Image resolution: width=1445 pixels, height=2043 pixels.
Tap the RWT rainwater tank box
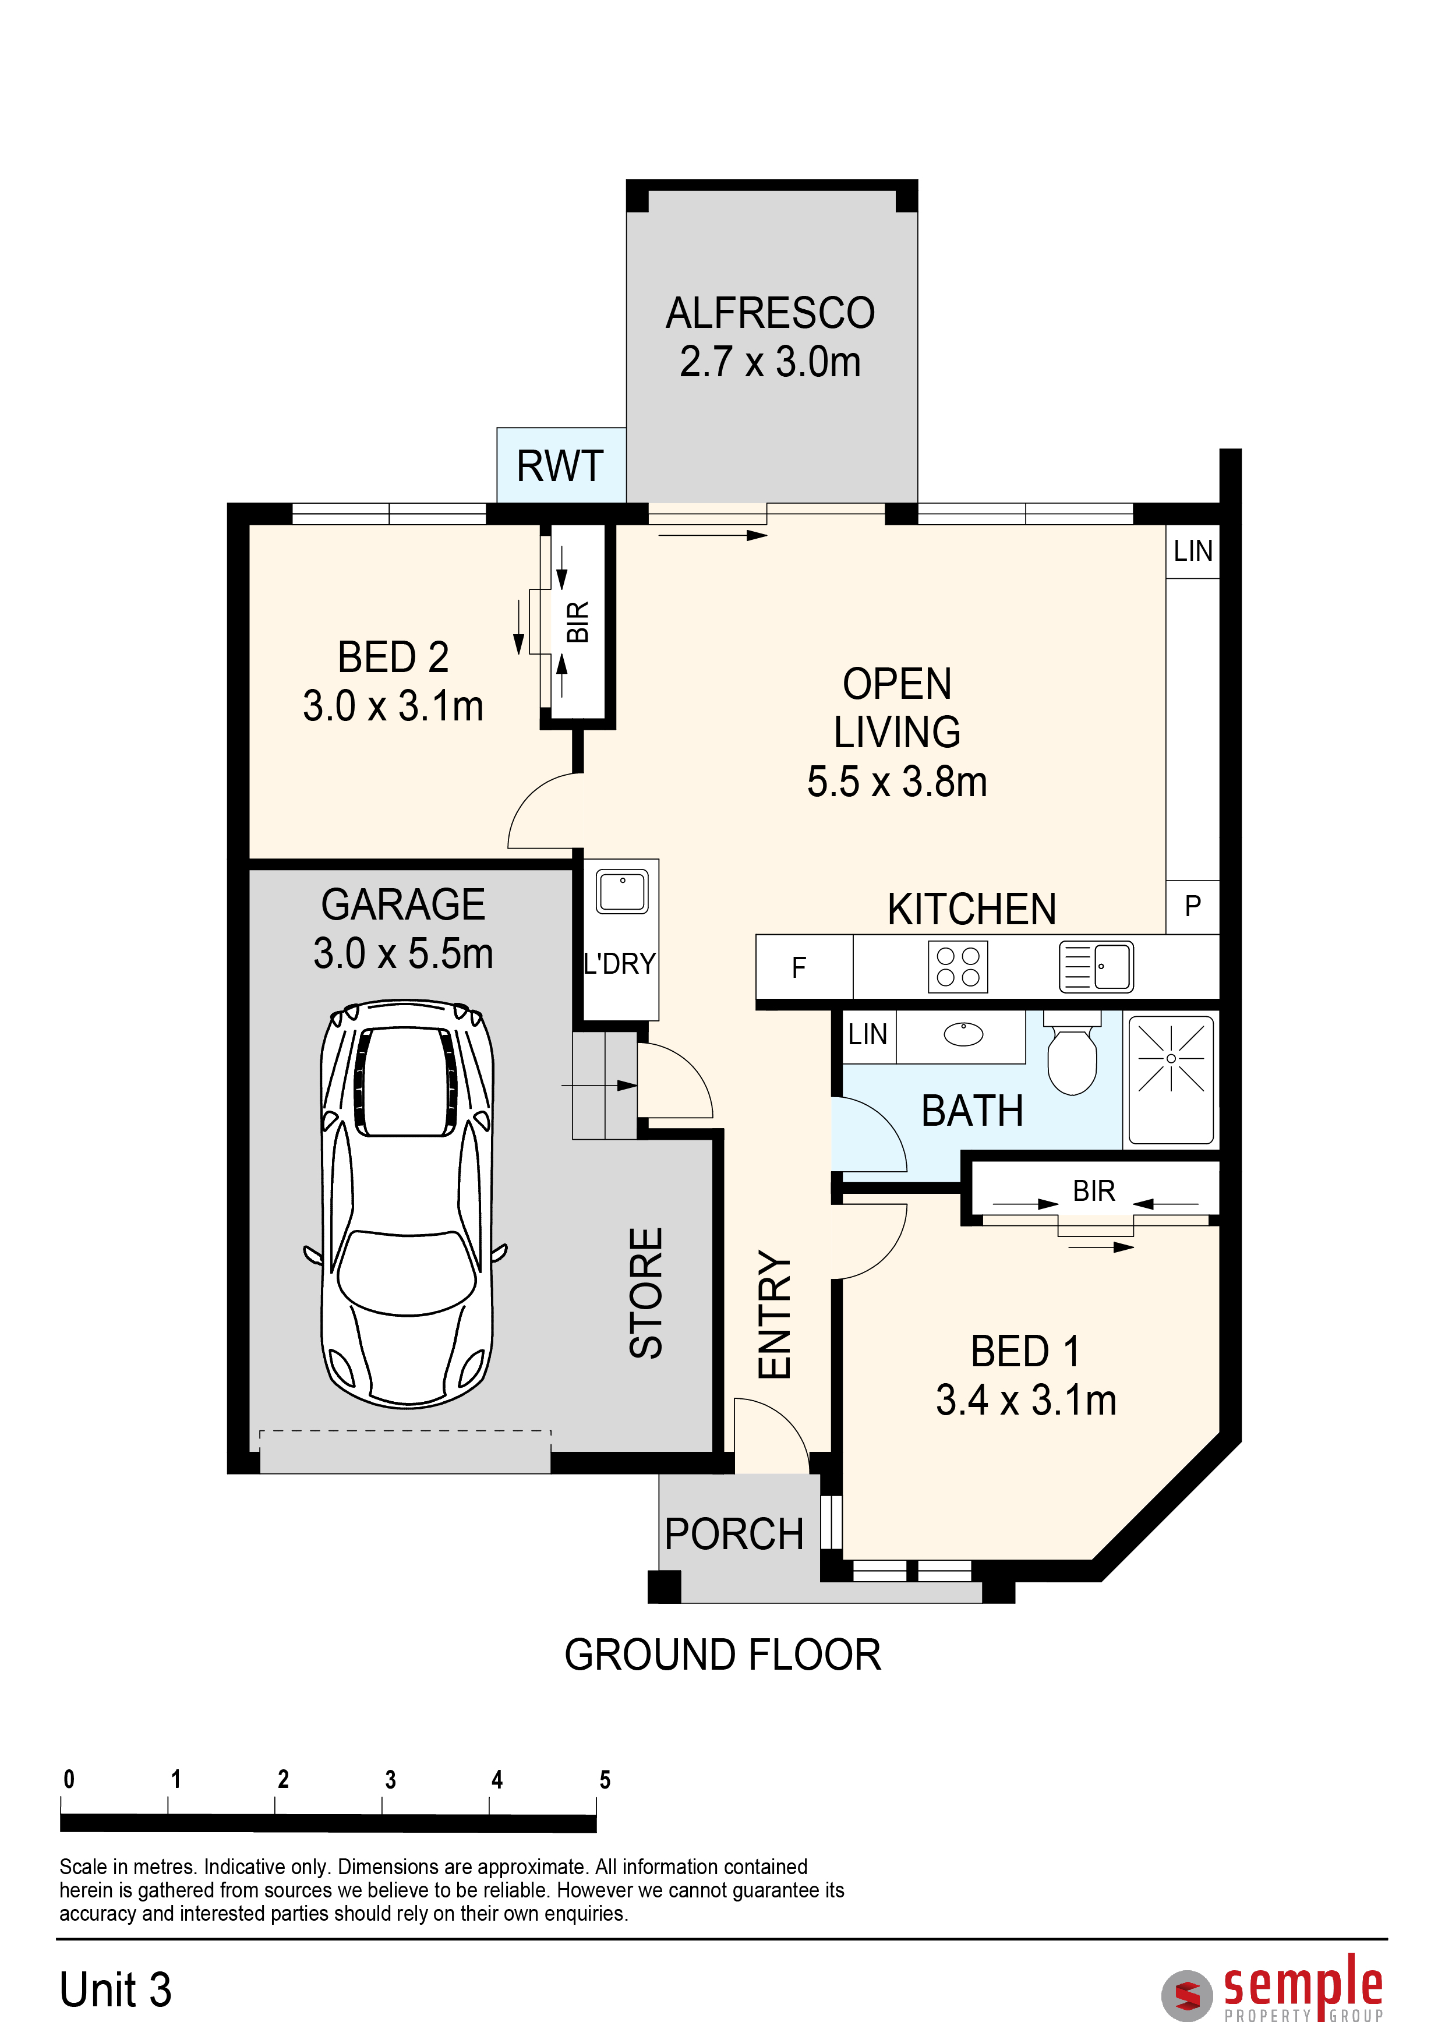[560, 465]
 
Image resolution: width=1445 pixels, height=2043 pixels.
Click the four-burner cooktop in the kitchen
[958, 966]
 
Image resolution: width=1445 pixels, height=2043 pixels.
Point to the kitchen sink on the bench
[1096, 966]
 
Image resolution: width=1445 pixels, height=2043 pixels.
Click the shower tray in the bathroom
[1171, 1079]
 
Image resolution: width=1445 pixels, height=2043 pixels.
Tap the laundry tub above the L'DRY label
[622, 890]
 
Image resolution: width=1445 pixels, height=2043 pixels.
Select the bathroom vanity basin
[963, 1034]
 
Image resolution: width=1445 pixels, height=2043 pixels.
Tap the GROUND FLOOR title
[722, 1656]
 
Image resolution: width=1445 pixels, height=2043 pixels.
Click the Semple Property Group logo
[1273, 1988]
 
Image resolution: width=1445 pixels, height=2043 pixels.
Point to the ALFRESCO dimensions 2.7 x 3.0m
[771, 362]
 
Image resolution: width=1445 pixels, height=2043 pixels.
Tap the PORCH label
[734, 1535]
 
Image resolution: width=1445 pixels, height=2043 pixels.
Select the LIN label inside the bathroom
[868, 1035]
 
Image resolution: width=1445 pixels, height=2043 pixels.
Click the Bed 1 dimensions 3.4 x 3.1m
[1026, 1401]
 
